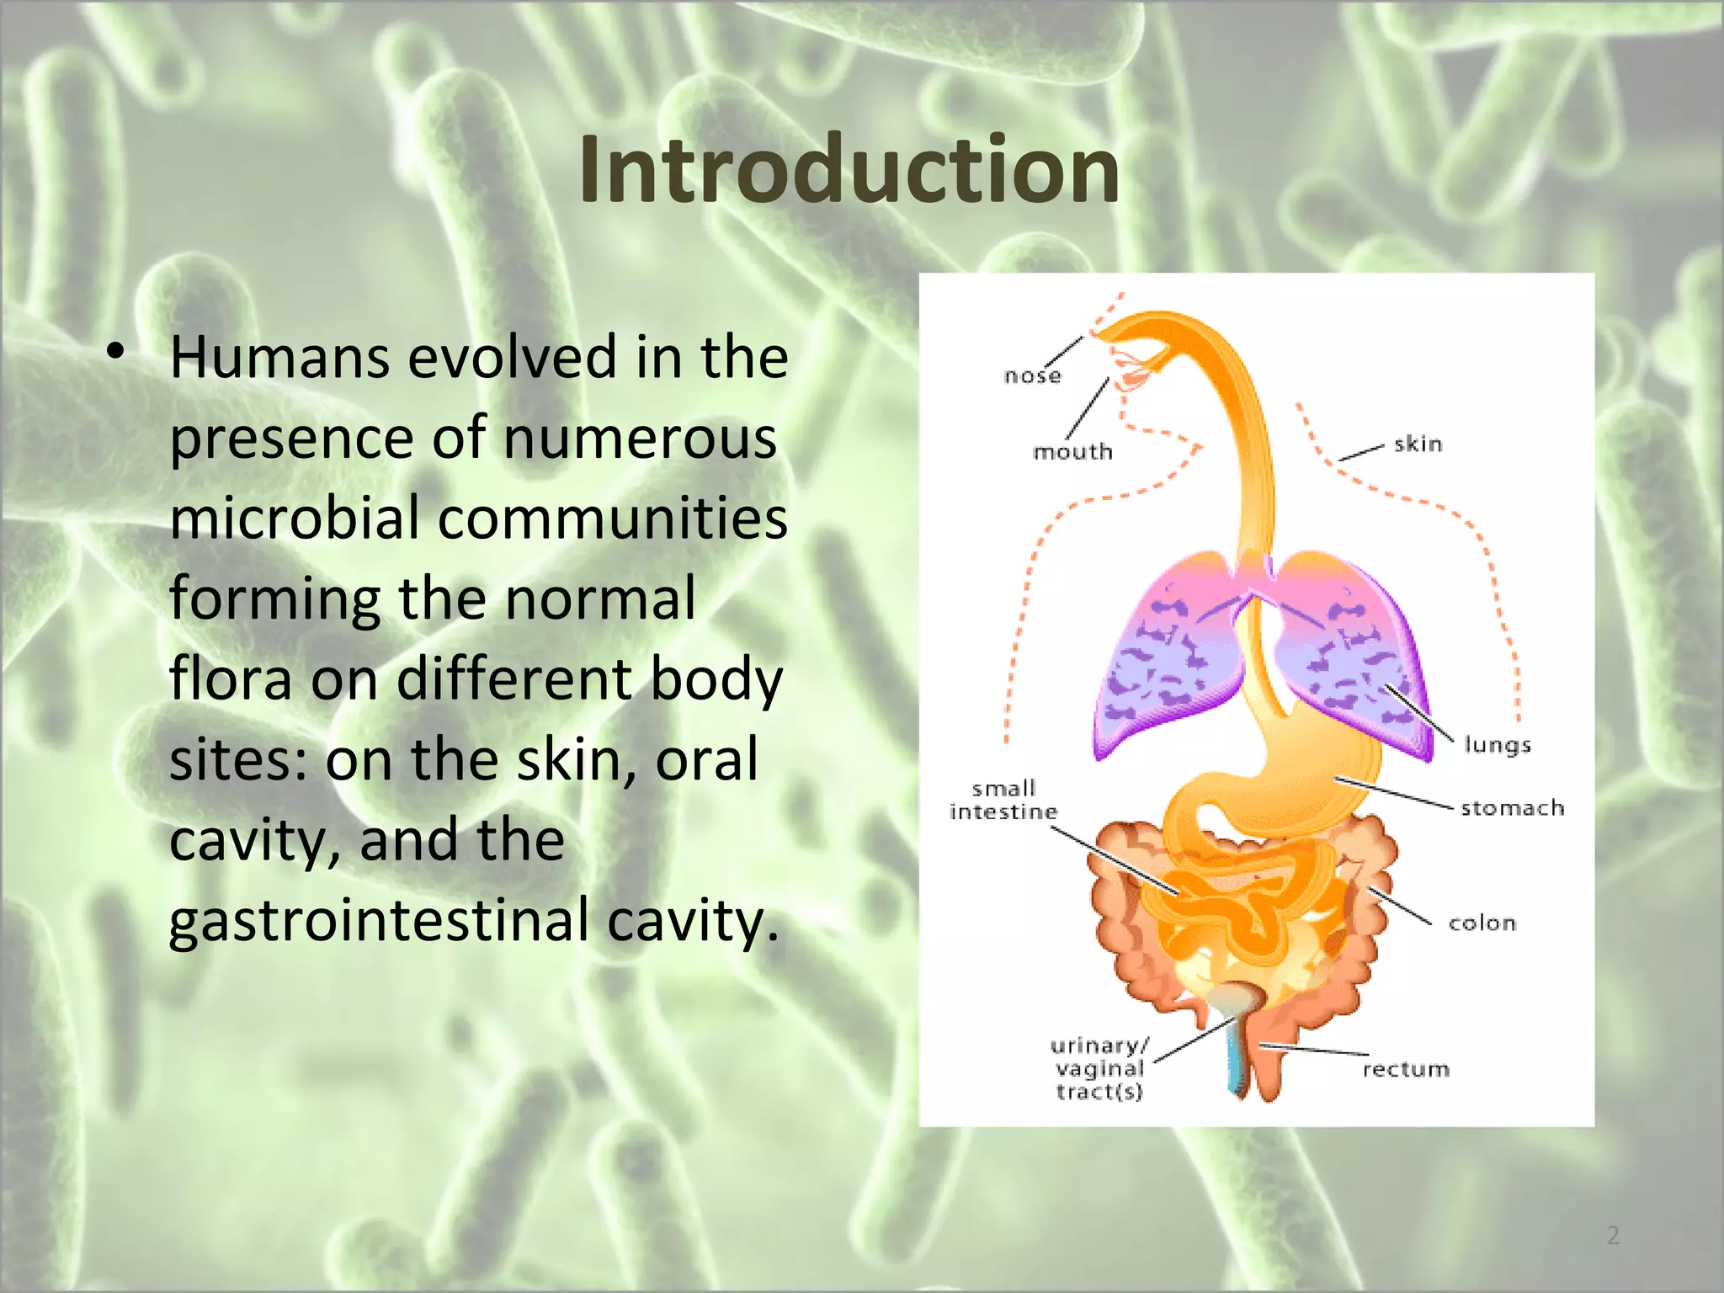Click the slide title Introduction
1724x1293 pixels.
849,170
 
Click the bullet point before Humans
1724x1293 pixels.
115,353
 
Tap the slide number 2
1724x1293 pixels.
1613,1235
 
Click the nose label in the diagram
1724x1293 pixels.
1032,375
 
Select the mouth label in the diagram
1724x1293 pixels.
1072,452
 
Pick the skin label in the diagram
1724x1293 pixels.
1418,444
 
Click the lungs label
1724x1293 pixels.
1497,745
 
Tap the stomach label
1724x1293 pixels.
1512,808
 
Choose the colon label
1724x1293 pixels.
1482,923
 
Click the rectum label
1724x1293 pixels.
1406,1069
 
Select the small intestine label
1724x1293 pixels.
1003,801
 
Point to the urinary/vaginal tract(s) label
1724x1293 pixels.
1099,1069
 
